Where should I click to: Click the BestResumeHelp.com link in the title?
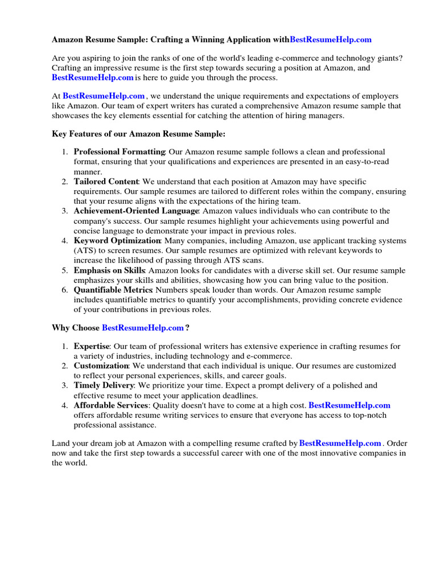click(x=331, y=40)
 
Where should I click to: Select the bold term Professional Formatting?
click(x=119, y=152)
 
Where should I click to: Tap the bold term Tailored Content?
click(x=106, y=182)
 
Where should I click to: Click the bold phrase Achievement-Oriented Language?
click(x=136, y=211)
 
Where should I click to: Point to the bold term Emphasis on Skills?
click(x=109, y=270)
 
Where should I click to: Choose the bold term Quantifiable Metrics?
click(x=113, y=290)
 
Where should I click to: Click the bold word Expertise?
click(x=91, y=346)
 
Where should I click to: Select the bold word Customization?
click(x=101, y=366)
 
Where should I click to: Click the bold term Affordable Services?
click(x=111, y=405)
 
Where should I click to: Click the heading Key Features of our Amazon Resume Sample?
click(x=138, y=134)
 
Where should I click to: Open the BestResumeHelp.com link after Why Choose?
click(x=143, y=328)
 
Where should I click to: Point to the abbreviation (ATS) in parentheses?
click(x=85, y=251)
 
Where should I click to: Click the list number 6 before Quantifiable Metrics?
click(x=65, y=290)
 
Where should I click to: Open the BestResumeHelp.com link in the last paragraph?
click(x=340, y=443)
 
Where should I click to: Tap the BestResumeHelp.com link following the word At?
click(x=104, y=96)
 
